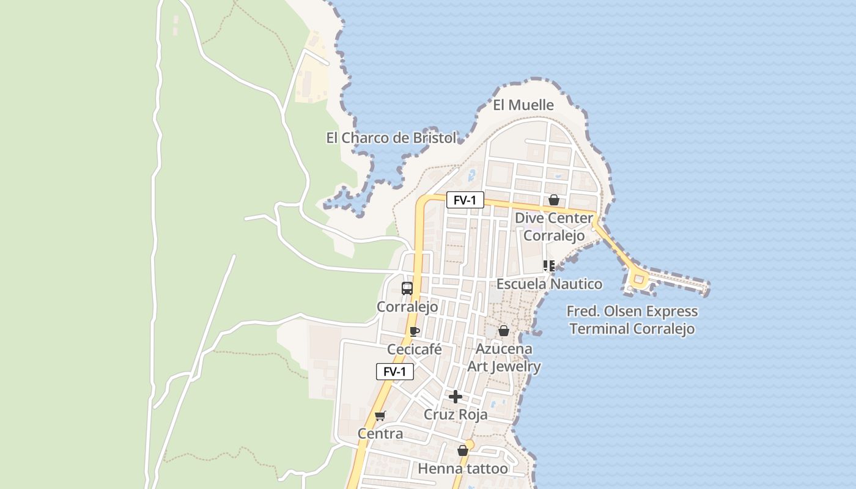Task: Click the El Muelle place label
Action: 523,105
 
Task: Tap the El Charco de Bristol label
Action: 391,138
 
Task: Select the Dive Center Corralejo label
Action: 554,227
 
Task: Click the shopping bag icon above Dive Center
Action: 554,200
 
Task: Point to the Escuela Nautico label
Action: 549,284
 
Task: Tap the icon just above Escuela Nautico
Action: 548,266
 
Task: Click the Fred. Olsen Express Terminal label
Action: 632,320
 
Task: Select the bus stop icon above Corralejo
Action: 407,289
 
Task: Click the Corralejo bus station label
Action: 407,307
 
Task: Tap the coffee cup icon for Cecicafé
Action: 414,332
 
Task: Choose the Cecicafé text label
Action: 415,350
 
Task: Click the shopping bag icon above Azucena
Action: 504,331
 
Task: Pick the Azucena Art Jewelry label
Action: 504,358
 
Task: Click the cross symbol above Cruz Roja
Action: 456,397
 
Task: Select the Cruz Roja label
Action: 456,415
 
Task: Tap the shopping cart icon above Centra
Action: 380,416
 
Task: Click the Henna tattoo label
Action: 463,469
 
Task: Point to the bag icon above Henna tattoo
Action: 463,451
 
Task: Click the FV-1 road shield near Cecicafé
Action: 395,372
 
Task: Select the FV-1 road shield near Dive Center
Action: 465,200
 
